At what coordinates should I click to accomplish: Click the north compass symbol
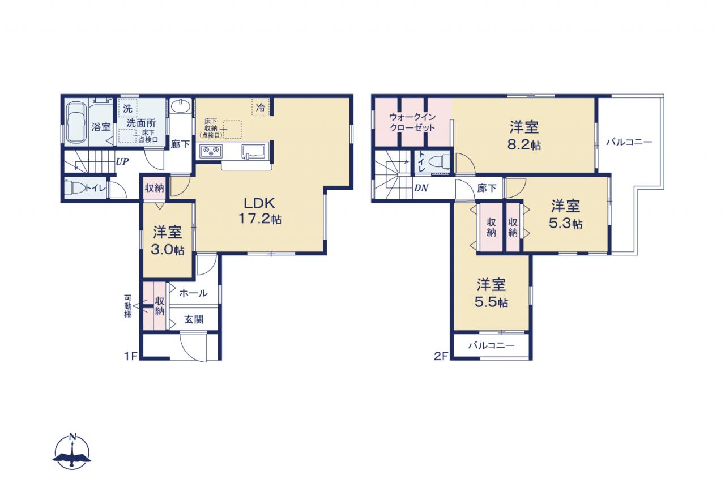(72, 452)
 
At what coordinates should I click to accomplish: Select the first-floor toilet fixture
(74, 187)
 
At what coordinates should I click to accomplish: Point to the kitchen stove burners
(211, 151)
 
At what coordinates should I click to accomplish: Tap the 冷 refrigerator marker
(261, 108)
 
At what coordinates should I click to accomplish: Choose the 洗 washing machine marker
(127, 108)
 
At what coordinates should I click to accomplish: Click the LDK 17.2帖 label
(260, 211)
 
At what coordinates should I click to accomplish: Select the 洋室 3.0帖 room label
(168, 241)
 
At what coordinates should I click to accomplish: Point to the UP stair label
(122, 161)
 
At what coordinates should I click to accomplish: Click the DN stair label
(421, 187)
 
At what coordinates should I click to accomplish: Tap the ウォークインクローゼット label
(412, 122)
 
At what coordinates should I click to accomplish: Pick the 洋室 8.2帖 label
(524, 135)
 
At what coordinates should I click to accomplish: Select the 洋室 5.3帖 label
(565, 215)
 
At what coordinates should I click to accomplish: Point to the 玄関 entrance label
(194, 319)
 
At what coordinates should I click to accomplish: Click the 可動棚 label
(128, 306)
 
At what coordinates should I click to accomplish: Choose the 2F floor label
(441, 356)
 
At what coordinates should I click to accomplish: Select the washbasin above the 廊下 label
(181, 106)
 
